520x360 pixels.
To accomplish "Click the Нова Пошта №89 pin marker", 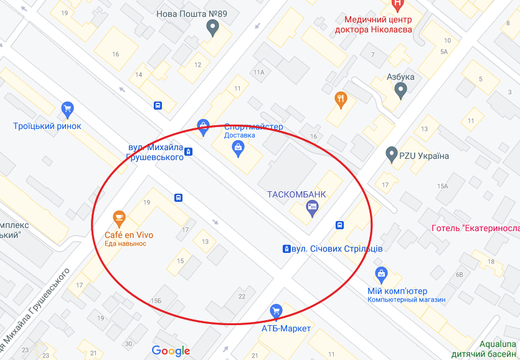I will click(x=212, y=27).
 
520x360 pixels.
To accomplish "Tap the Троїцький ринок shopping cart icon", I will click(x=68, y=110).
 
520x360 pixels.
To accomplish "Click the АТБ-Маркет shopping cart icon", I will click(x=276, y=311).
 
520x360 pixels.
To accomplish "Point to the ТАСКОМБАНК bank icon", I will click(x=313, y=211).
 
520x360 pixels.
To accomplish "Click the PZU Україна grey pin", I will click(x=392, y=153).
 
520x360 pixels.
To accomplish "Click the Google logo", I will click(x=171, y=351).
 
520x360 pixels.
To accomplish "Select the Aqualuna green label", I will click(x=499, y=344).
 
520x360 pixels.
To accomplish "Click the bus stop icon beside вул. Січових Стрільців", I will click(x=286, y=249).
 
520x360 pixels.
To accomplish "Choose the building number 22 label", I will click(x=242, y=296).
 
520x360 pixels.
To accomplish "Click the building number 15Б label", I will click(x=156, y=301).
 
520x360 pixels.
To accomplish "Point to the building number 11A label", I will click(x=259, y=72).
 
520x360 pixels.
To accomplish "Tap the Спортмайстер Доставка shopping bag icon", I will click(x=237, y=147).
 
